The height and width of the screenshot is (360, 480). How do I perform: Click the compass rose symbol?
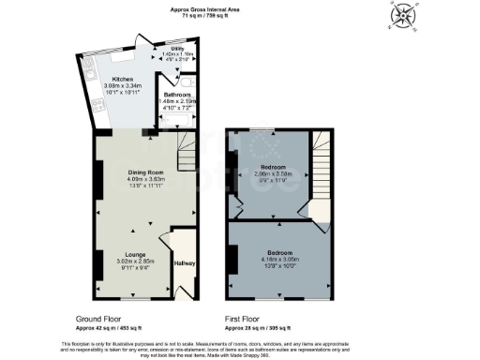pos(405,15)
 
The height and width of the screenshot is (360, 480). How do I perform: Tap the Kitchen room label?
pos(123,79)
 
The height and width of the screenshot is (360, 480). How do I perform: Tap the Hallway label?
pos(184,263)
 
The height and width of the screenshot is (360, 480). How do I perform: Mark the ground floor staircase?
pos(188,150)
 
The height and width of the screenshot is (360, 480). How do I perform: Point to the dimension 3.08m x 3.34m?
pos(123,86)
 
